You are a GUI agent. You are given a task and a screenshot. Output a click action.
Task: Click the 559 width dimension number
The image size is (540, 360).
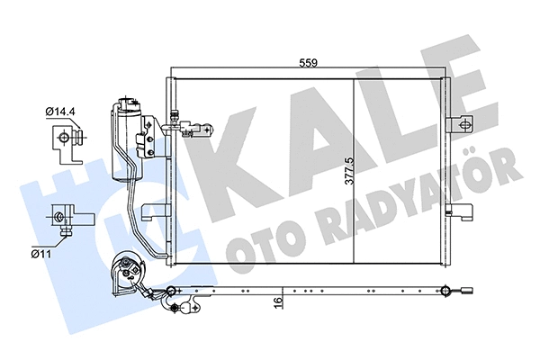click(x=308, y=64)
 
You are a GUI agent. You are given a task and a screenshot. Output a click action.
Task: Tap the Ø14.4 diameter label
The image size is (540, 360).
click(x=60, y=112)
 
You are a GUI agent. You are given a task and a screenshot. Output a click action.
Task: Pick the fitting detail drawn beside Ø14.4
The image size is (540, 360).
click(x=67, y=135)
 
